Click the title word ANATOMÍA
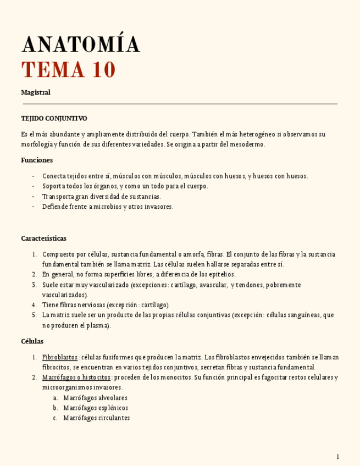pos(80,45)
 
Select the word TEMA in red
pos(53,70)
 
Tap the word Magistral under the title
pos(36,92)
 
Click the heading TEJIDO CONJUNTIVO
pos(54,118)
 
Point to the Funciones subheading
pos(37,160)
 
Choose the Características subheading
pos(43,238)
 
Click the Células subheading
pos(32,341)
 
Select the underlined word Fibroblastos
pos(60,357)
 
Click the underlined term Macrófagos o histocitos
pos(76,378)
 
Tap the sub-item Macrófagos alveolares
pos(95,397)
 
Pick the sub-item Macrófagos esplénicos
pos(96,408)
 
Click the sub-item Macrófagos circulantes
pos(96,418)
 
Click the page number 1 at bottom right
pos(338,457)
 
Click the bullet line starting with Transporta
pos(102,196)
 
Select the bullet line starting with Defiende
pos(108,207)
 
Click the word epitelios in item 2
pos(220,274)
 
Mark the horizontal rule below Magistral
pos(180,103)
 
